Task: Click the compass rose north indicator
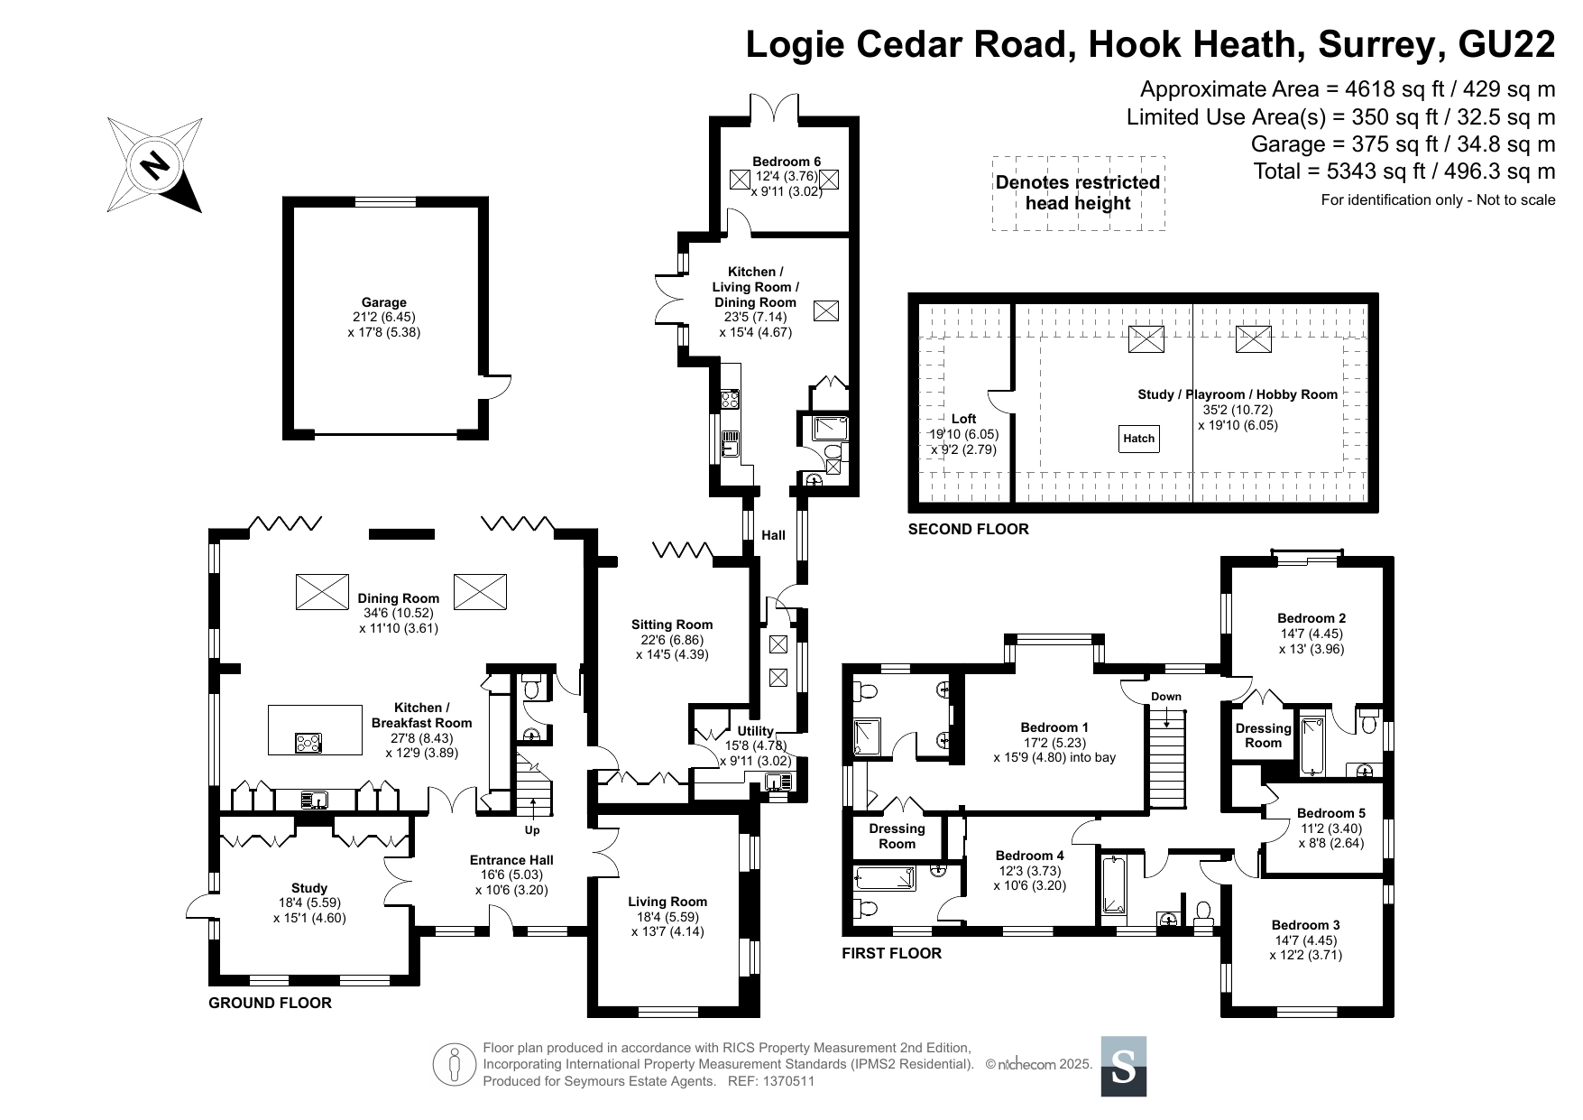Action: (x=155, y=165)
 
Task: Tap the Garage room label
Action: (x=384, y=303)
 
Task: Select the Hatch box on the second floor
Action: (x=1138, y=439)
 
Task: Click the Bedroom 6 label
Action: (x=787, y=162)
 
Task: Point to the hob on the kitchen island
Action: (x=308, y=743)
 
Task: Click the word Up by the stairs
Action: (x=532, y=830)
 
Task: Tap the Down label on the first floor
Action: (x=1166, y=697)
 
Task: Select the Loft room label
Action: (x=963, y=419)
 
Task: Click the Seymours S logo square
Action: (x=1124, y=1067)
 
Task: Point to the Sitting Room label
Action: (x=672, y=625)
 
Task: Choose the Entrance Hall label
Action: (x=511, y=860)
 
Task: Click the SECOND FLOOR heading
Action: (x=968, y=529)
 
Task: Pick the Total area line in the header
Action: (x=1404, y=171)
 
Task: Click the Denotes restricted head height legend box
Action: (x=1078, y=193)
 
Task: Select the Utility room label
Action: (x=755, y=731)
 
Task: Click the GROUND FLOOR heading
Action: (x=270, y=1003)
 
